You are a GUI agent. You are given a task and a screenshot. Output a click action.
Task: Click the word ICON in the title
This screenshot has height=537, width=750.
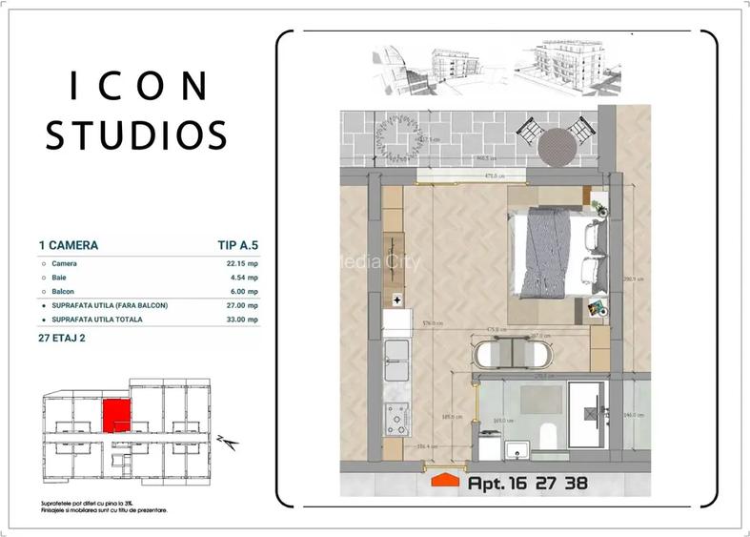pyautogui.click(x=139, y=87)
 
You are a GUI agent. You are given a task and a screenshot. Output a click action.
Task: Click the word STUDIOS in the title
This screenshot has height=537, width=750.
pyautogui.click(x=137, y=134)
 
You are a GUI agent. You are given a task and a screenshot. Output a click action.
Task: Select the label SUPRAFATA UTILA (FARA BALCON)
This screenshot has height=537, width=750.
pyautogui.click(x=110, y=305)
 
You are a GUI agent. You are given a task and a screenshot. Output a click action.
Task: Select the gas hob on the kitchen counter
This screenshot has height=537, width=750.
pyautogui.click(x=395, y=417)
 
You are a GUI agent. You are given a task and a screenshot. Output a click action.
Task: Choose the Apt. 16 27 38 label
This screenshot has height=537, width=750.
pyautogui.click(x=527, y=483)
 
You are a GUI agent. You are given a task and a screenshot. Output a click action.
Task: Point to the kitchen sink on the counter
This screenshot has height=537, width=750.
pyautogui.click(x=395, y=361)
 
